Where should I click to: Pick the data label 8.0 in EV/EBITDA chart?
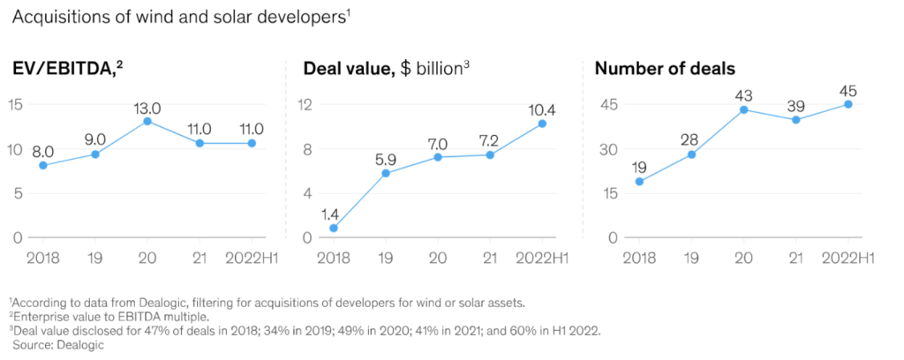tap(41, 151)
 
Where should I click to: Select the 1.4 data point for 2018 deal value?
tap(334, 228)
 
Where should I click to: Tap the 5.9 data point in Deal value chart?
tap(385, 173)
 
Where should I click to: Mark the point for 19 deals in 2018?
tap(639, 182)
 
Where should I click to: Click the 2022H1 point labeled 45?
tap(847, 104)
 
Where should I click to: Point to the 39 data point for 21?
tap(795, 119)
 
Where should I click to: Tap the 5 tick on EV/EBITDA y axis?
tap(19, 193)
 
